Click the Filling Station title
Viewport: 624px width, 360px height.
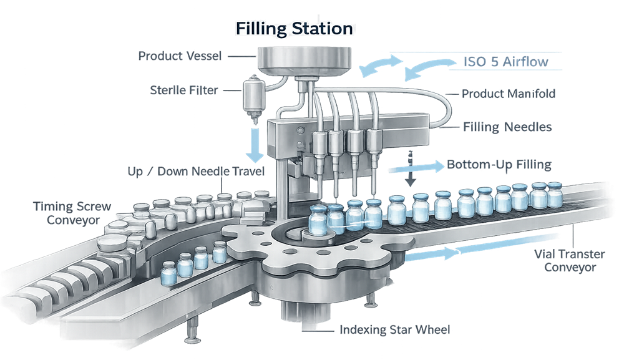tap(294, 29)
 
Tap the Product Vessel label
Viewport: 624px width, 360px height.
tap(180, 56)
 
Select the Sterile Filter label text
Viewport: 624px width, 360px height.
tap(183, 90)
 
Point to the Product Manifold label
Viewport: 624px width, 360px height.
tap(509, 94)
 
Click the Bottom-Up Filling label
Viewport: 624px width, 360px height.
tap(499, 165)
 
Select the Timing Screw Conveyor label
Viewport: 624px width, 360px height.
tap(65, 212)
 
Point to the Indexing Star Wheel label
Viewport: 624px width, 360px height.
tap(394, 329)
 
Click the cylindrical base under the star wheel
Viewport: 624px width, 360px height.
tap(305, 311)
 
